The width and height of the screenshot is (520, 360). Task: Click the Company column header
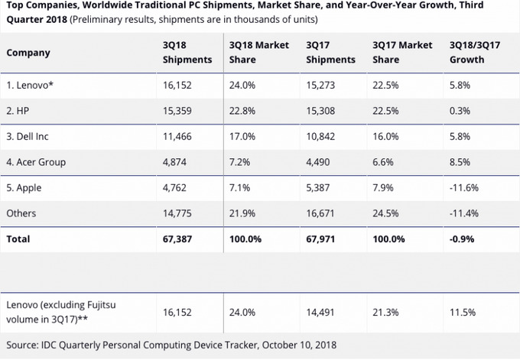[28, 53]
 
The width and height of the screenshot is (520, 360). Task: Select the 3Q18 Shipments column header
[187, 52]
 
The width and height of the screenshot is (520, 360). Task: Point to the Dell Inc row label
[28, 135]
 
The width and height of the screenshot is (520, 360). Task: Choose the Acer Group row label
[35, 162]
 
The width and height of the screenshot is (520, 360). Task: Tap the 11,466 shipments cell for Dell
[177, 135]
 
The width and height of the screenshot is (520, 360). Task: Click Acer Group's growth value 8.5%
[460, 162]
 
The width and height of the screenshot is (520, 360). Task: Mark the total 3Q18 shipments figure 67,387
[178, 239]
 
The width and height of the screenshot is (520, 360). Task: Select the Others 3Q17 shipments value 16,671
[321, 214]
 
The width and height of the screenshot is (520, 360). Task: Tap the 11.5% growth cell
[462, 312]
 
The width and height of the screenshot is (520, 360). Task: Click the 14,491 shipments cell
[321, 312]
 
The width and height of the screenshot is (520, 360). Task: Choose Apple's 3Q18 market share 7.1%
[240, 188]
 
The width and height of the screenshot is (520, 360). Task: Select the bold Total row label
[18, 239]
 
